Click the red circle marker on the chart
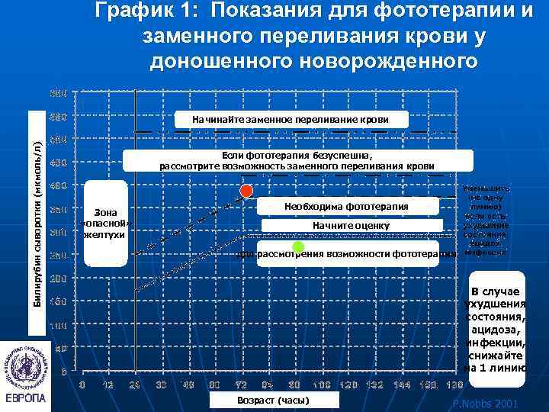pyautogui.click(x=246, y=191)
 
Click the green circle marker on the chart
pyautogui.click(x=298, y=247)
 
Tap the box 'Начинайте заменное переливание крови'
pyautogui.click(x=291, y=120)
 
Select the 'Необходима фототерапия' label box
pyautogui.click(x=346, y=207)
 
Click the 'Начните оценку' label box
pyautogui.click(x=351, y=226)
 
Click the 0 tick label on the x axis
pyautogui.click(x=82, y=385)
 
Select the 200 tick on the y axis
pyautogui.click(x=58, y=279)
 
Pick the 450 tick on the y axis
pyautogui.click(x=58, y=163)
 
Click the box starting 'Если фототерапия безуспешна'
pyautogui.click(x=297, y=160)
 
